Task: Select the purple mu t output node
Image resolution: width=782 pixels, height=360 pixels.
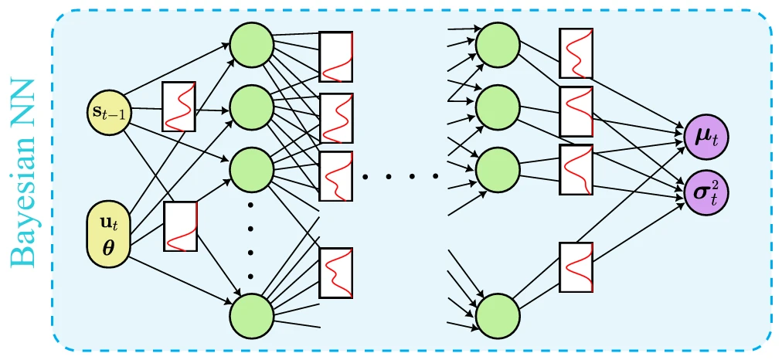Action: point(705,138)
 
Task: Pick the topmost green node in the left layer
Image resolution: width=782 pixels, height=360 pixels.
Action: point(252,43)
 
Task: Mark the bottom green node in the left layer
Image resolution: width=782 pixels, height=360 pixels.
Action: point(252,314)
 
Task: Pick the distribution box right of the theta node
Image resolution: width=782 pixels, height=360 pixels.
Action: point(180,226)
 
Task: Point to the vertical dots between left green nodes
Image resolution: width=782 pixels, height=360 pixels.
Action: point(252,240)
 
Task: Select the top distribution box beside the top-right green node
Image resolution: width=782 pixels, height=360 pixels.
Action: point(576,53)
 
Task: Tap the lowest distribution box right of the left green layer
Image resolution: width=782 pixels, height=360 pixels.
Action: point(337,273)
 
